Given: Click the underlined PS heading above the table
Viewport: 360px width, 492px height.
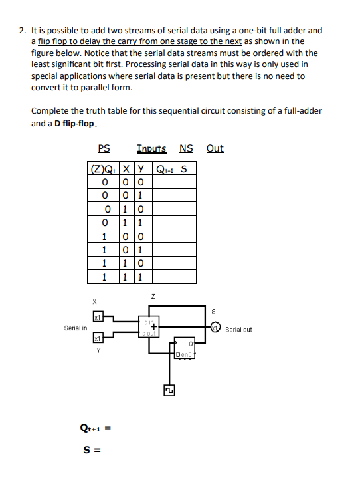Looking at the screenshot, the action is tap(104, 148).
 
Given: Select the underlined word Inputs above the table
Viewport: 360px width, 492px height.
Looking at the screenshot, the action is tap(151, 148).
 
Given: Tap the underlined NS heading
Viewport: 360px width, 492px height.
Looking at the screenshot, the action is tap(186, 148).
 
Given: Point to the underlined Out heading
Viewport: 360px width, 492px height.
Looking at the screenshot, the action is tap(215, 148).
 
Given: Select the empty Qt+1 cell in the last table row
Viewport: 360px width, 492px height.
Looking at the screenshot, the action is tap(164, 275).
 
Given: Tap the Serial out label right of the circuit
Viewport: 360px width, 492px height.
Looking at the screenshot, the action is tap(239, 330).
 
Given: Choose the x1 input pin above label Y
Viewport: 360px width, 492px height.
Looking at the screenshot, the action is tap(96, 339).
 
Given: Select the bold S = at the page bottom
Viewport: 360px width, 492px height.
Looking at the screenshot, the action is tap(90, 447).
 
